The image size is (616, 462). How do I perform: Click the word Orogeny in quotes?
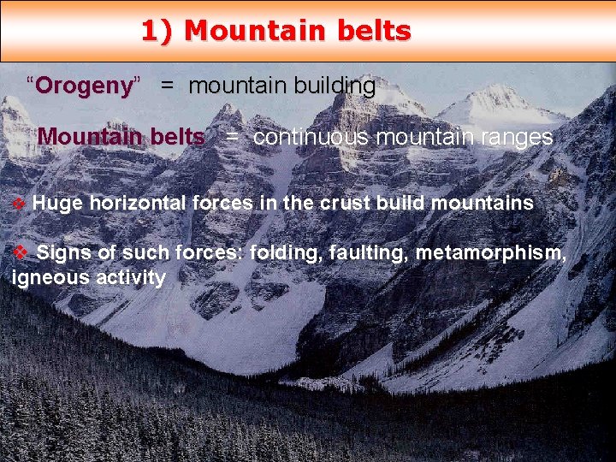[85, 86]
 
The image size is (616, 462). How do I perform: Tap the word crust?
[325, 204]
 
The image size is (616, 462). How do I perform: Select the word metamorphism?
[490, 253]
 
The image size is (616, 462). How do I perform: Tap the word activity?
[131, 278]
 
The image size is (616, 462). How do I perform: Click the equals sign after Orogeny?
[168, 87]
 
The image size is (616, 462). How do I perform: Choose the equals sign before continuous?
[233, 138]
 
